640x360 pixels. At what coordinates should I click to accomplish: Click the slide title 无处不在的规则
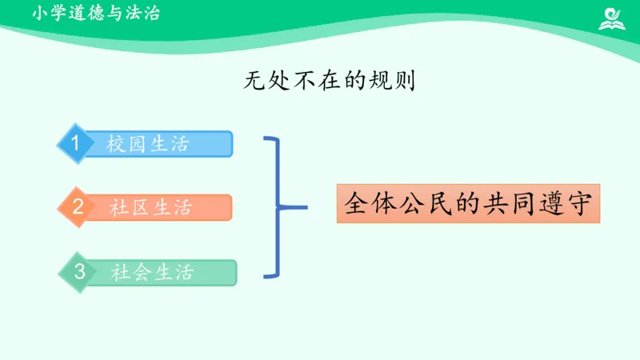tap(329, 81)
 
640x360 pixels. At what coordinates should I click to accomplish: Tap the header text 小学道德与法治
tap(96, 14)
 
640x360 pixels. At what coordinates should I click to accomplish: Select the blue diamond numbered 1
tap(75, 143)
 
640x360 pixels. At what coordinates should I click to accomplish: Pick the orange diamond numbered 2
tap(77, 207)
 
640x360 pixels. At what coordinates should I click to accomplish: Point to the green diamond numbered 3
tap(79, 272)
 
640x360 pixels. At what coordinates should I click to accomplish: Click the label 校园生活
tap(148, 144)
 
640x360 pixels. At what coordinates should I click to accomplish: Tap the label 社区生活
tap(151, 208)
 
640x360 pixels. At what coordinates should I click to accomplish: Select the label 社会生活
tap(153, 273)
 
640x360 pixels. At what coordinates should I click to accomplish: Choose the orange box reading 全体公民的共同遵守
tap(468, 204)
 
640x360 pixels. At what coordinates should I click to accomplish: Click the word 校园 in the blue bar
tap(126, 144)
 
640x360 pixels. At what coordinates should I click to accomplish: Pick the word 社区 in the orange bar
tap(130, 208)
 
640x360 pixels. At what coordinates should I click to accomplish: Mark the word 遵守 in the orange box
tap(566, 204)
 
